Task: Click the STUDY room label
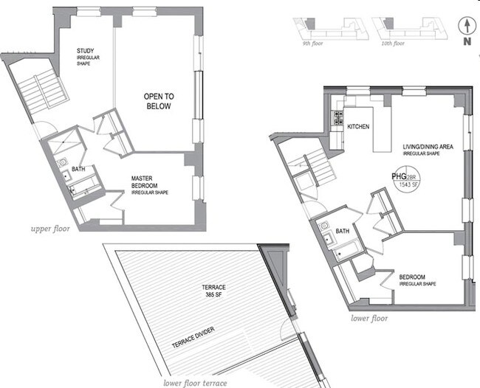(86, 51)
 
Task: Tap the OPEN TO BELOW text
(157, 101)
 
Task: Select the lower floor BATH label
(342, 231)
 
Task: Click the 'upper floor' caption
(50, 229)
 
